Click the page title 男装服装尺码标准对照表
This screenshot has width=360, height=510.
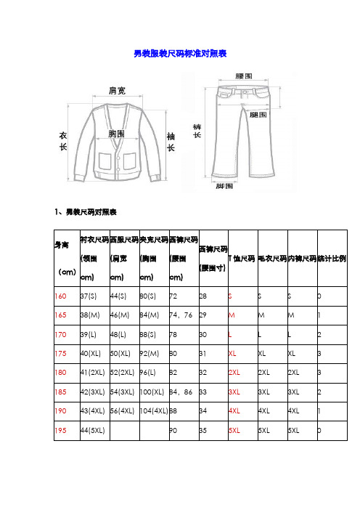(180, 53)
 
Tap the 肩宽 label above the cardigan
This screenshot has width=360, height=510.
(117, 91)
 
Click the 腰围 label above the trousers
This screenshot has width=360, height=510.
(244, 75)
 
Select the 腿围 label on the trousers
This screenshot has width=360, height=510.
(258, 115)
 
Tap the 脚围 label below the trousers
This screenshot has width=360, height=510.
(225, 186)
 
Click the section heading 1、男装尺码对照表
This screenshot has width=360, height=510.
(85, 213)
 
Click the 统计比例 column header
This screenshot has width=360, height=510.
(332, 259)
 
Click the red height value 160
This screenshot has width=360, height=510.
(62, 296)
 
